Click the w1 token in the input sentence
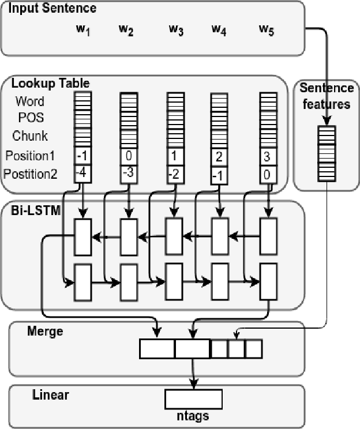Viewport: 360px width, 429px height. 84,30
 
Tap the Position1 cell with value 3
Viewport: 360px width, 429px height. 267,156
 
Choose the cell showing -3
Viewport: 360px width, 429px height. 129,172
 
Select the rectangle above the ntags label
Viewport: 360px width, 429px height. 193,398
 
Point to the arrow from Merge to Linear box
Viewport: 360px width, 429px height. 193,374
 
